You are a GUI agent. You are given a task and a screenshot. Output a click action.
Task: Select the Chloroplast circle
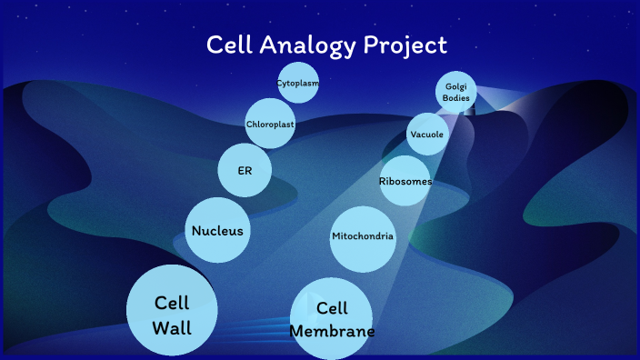[270, 125]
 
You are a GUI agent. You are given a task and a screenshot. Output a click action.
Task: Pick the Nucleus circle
[217, 230]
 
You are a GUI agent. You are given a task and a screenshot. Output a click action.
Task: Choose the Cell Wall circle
[172, 310]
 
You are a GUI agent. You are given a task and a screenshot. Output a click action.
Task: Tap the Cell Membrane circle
[332, 318]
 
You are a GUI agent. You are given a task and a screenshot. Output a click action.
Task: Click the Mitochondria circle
[363, 237]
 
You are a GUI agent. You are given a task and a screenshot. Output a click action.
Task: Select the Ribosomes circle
[405, 181]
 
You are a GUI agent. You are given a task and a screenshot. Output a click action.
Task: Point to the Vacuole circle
[427, 135]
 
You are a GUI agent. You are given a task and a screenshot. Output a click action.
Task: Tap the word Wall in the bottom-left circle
[172, 327]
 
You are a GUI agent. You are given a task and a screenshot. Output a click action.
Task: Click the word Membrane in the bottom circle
[332, 331]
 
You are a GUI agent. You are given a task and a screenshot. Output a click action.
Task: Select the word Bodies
[456, 97]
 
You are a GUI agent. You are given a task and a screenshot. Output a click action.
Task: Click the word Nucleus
[217, 231]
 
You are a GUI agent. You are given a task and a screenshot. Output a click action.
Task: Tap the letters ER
[245, 171]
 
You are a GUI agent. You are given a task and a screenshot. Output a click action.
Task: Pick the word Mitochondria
[363, 237]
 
